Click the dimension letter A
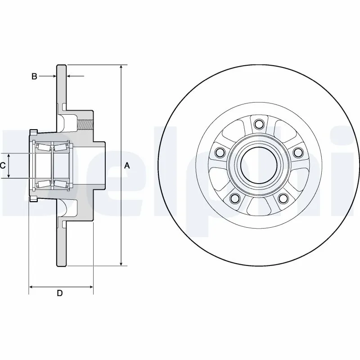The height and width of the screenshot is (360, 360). click(x=127, y=166)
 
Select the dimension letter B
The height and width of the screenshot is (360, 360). click(x=34, y=76)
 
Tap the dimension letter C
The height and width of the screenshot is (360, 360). click(x=3, y=166)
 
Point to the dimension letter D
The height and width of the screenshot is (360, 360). click(x=59, y=294)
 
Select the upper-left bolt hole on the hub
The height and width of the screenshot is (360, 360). click(x=220, y=153)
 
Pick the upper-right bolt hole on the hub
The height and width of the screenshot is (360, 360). click(x=297, y=153)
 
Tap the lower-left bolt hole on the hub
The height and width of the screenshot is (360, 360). click(x=234, y=198)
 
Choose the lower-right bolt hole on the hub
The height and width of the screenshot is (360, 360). click(x=283, y=198)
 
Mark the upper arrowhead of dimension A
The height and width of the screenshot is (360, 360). click(x=121, y=68)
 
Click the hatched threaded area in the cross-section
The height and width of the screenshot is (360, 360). click(x=86, y=121)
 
